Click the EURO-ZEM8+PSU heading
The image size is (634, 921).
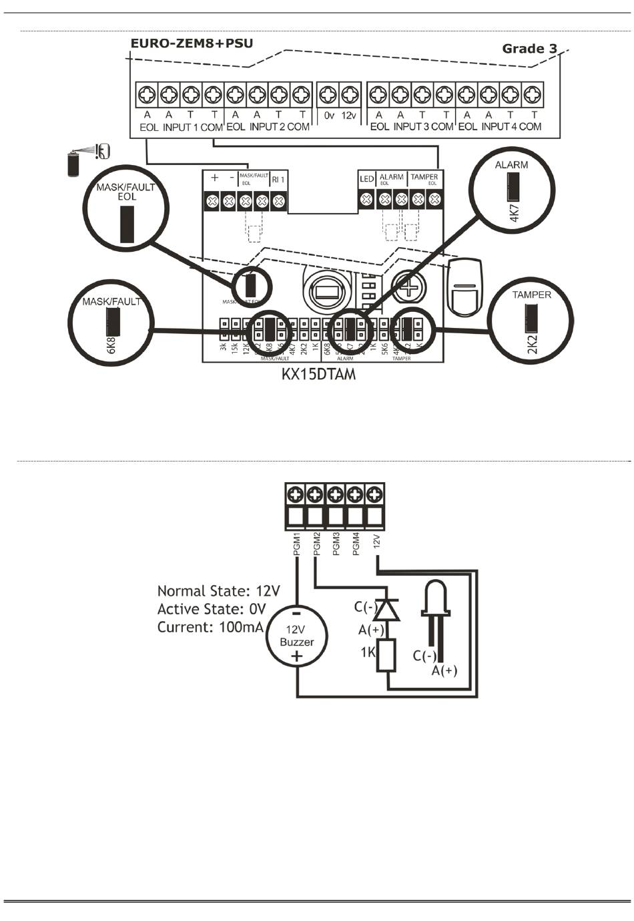click(191, 44)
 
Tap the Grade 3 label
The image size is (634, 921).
click(529, 48)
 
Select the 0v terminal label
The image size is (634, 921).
click(328, 116)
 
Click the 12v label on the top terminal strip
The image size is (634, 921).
click(350, 116)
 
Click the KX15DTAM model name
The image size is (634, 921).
click(318, 374)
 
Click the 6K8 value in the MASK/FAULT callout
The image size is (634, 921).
click(111, 345)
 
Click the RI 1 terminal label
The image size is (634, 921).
click(278, 179)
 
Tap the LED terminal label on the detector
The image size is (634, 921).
click(366, 179)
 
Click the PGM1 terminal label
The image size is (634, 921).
click(297, 544)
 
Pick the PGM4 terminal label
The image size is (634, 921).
click(356, 544)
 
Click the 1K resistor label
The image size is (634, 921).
click(368, 652)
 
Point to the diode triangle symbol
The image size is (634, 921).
click(387, 609)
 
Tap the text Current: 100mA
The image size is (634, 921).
click(210, 627)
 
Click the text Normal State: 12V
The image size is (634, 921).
click(218, 591)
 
